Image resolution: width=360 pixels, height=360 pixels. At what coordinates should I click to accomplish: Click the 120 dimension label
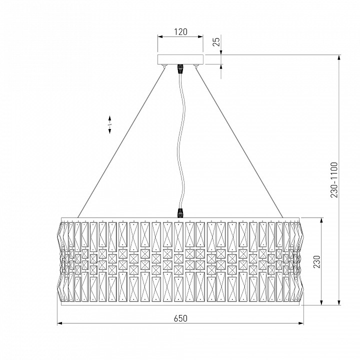coord(180,31)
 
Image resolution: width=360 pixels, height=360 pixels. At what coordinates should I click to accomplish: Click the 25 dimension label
coord(216,41)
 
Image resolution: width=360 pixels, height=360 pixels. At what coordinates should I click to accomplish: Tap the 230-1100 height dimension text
coord(334,180)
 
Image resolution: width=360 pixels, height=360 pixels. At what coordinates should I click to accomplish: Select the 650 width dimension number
coord(180,318)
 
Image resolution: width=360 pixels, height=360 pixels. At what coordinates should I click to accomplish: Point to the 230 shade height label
coord(316,261)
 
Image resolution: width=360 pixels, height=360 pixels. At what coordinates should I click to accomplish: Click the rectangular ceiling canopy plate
coord(180,59)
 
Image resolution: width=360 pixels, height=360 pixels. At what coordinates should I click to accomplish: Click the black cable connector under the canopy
coord(180,68)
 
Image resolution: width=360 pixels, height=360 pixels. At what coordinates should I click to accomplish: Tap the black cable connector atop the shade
coord(180,213)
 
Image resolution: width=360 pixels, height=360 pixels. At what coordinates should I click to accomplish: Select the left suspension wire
coord(121,143)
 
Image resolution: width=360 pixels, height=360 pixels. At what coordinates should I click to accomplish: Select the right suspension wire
coord(239,143)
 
